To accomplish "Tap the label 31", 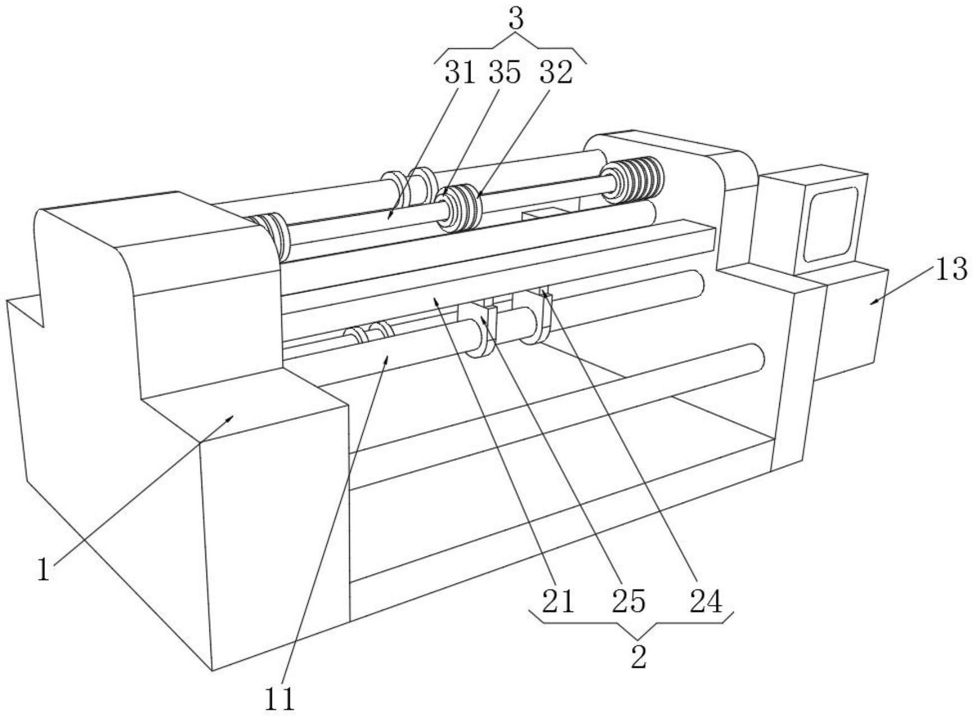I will pos(460,74).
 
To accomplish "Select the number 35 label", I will pos(505,74).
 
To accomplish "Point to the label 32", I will pos(556,74).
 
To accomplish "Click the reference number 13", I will pos(951,270).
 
